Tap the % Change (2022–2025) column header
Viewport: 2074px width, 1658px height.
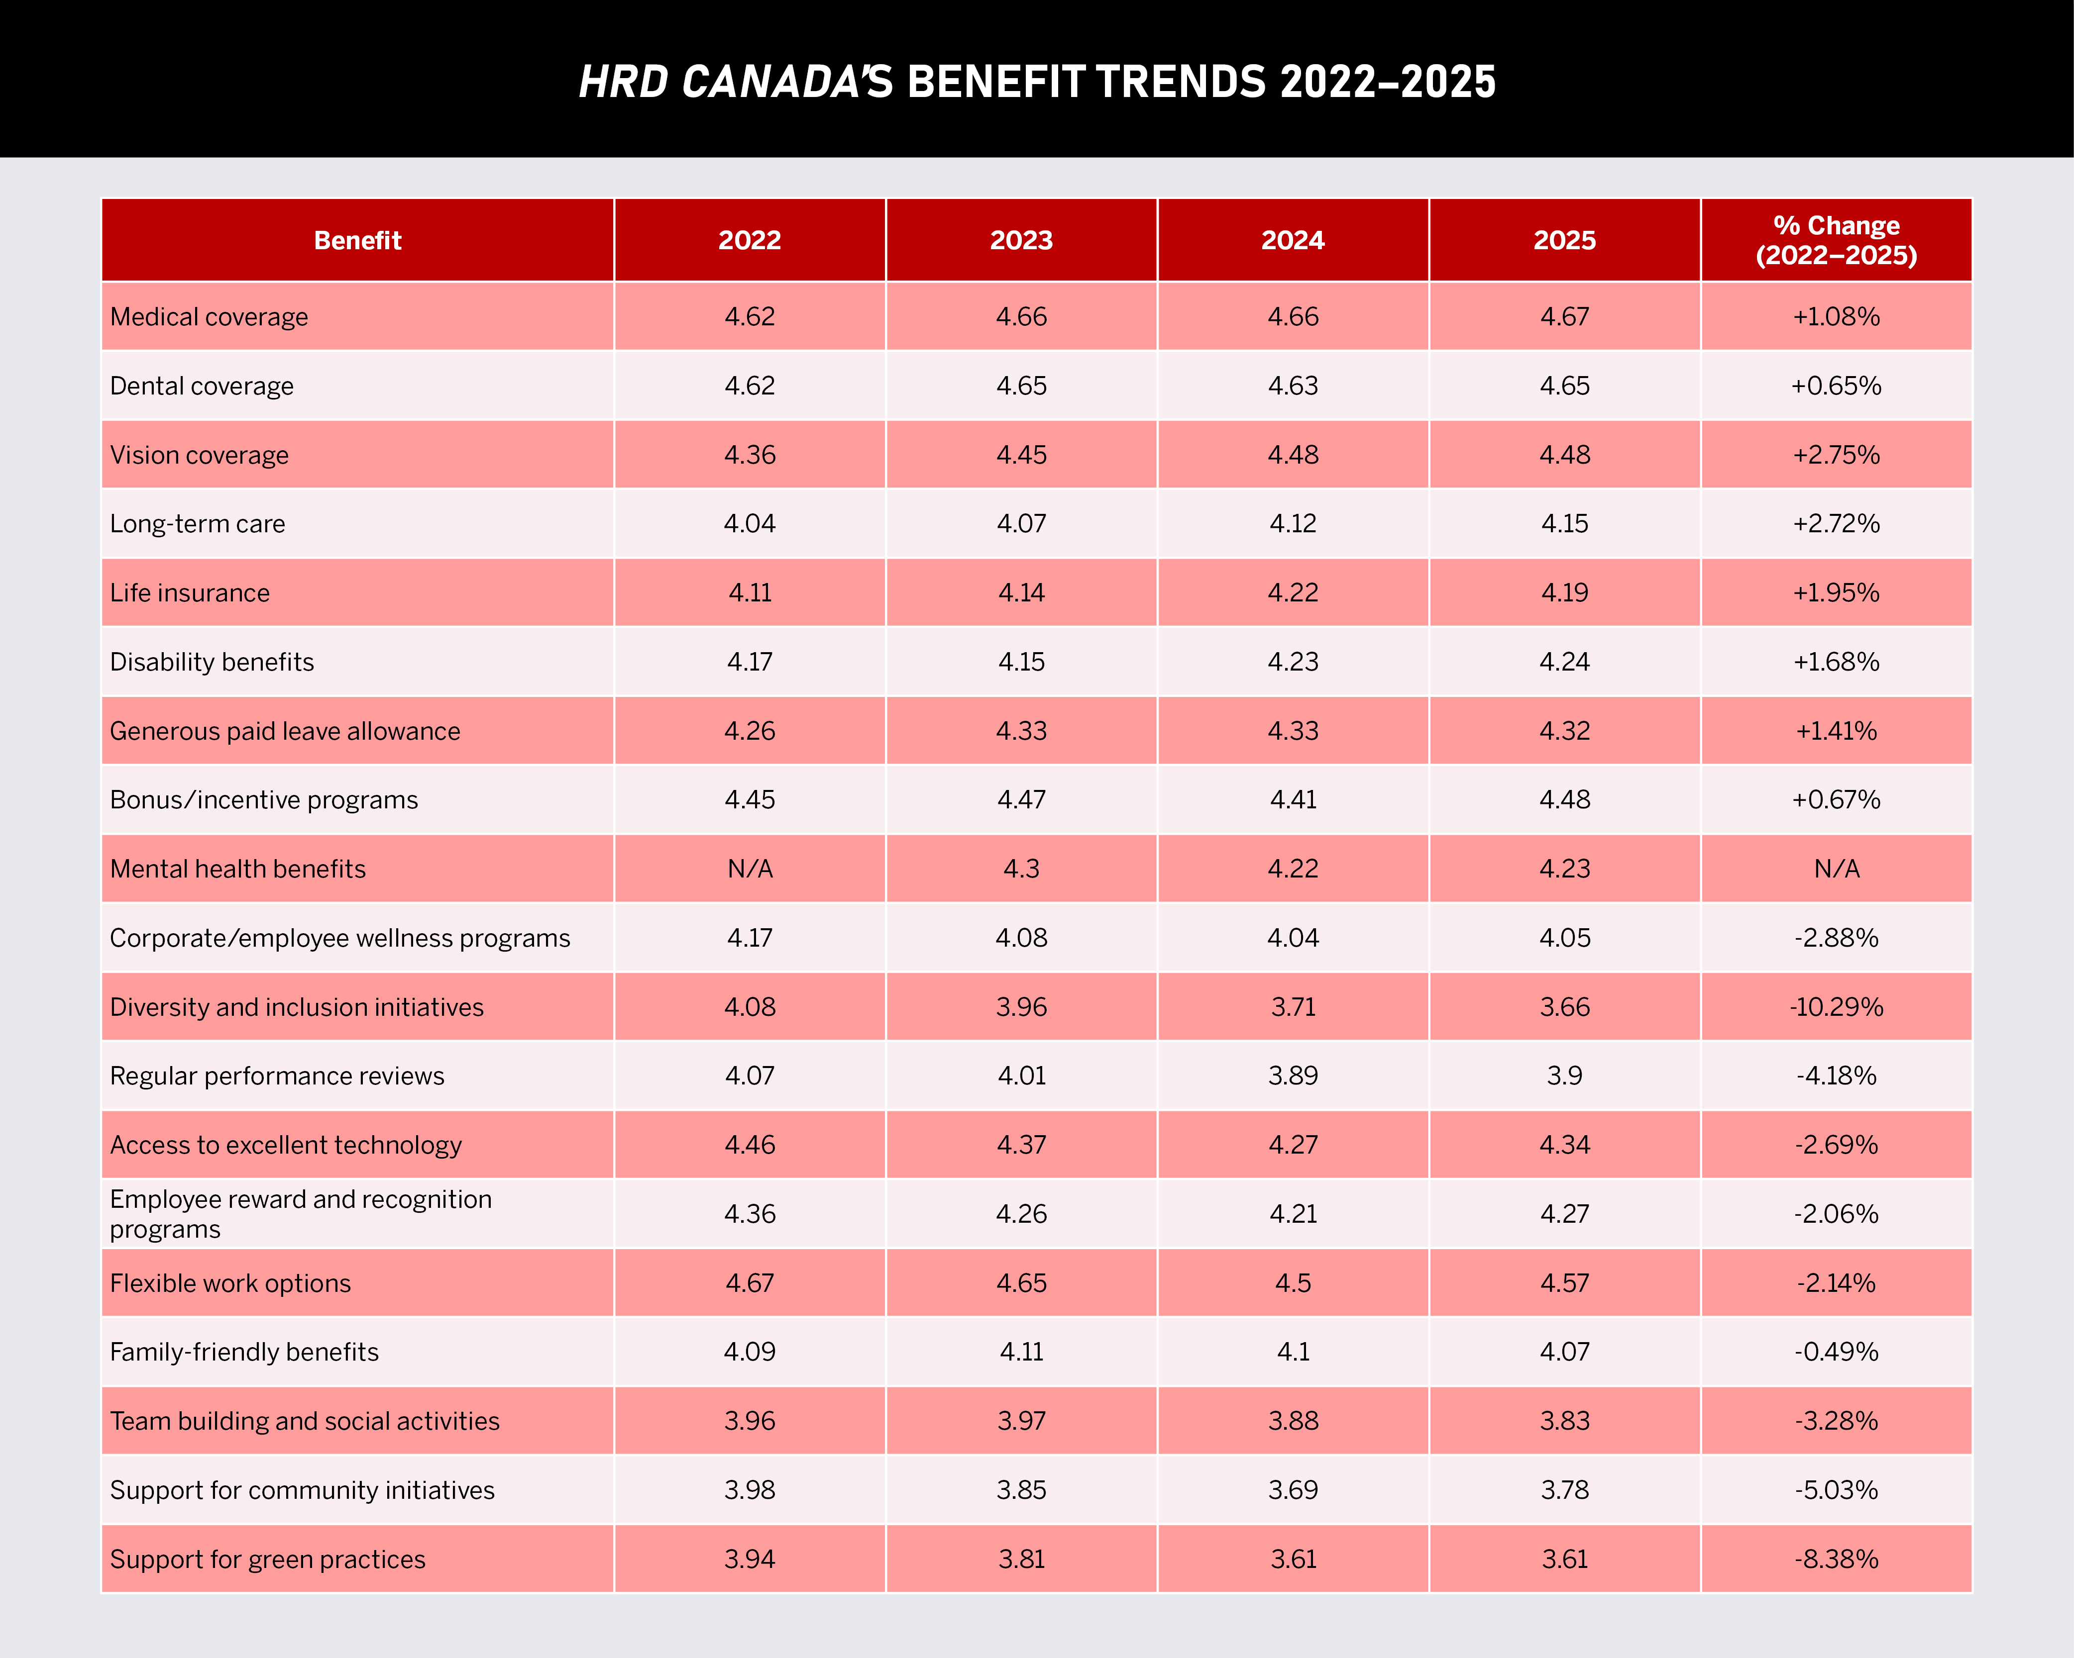[x=1837, y=240]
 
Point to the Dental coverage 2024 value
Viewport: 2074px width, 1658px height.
[x=1293, y=386]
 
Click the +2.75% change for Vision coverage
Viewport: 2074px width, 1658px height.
[x=1837, y=455]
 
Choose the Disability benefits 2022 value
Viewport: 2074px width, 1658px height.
[x=750, y=662]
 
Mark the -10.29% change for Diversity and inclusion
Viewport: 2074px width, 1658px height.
[x=1837, y=1007]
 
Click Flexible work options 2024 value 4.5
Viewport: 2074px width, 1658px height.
[x=1293, y=1283]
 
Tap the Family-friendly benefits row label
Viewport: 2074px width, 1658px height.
[x=244, y=1352]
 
